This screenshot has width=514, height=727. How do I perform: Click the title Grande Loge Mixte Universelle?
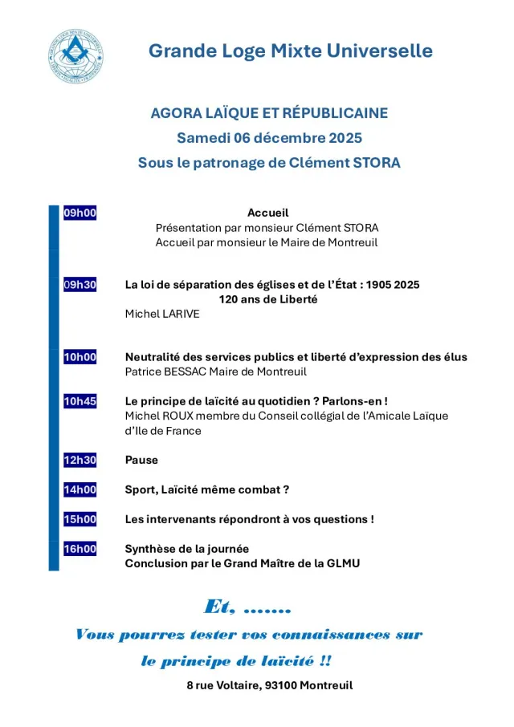coord(290,51)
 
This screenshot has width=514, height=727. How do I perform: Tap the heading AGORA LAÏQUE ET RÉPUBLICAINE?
coord(269,113)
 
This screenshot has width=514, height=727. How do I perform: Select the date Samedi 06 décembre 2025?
coord(269,138)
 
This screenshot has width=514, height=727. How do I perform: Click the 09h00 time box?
coord(80,213)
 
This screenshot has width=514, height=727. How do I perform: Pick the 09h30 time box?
coord(80,285)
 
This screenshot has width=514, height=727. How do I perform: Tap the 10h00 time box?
coord(80,357)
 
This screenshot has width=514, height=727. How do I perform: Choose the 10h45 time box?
coord(80,400)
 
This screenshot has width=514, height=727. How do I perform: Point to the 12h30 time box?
coord(80,460)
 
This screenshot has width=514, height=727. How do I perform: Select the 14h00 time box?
coord(80,489)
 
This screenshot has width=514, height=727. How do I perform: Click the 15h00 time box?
coord(80,519)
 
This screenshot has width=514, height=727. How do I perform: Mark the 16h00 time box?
coord(80,549)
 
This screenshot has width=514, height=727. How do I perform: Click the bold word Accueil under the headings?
coord(267,213)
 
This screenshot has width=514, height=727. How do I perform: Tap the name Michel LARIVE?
coord(161,314)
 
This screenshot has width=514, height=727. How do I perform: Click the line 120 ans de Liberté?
coord(268,299)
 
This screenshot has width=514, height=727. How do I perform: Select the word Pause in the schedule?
coord(141,460)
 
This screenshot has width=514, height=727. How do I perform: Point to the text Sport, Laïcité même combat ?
coord(206,489)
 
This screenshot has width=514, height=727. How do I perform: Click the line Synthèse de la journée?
coord(186,549)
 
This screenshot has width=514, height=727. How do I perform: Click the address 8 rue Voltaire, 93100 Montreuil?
coord(269,685)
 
